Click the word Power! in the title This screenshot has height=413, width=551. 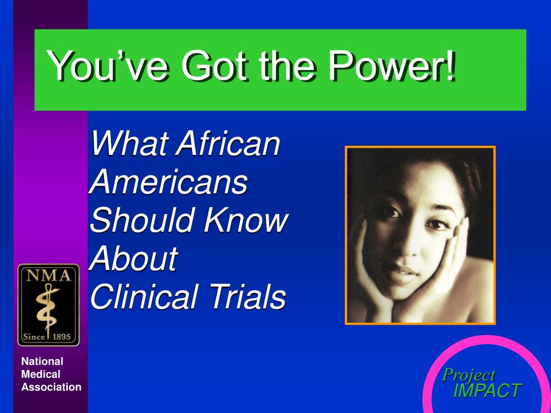tap(392, 65)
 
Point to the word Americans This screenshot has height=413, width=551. tap(168, 181)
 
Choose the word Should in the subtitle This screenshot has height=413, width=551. tap(143, 219)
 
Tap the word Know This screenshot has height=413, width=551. tap(246, 219)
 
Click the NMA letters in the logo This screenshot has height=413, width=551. tap(48, 276)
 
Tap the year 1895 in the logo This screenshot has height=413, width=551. tap(61, 337)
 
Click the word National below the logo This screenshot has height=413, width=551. tap(42, 361)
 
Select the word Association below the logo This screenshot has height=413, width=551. tap(51, 387)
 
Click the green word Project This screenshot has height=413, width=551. tap(469, 376)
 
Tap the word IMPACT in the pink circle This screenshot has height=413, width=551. tap(486, 390)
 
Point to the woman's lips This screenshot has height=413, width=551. tap(400, 273)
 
